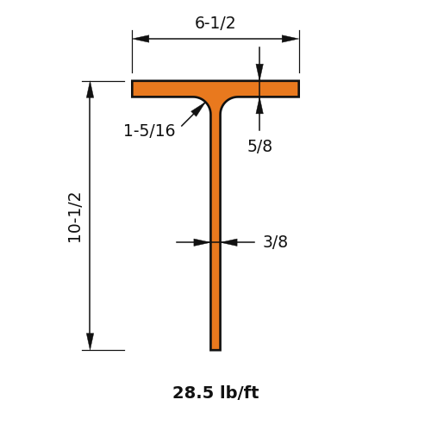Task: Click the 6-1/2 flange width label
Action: [x=215, y=23]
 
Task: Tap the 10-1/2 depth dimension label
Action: [x=74, y=217]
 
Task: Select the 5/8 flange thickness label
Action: [x=259, y=146]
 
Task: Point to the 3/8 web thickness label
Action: [x=275, y=241]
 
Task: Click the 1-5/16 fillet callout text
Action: [x=149, y=130]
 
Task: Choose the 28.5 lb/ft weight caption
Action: [x=215, y=392]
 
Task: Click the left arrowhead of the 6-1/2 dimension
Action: [x=141, y=39]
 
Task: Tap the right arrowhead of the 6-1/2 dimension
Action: [x=290, y=39]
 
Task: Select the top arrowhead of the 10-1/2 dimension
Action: [x=91, y=90]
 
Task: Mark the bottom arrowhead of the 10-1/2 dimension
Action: [x=91, y=341]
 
